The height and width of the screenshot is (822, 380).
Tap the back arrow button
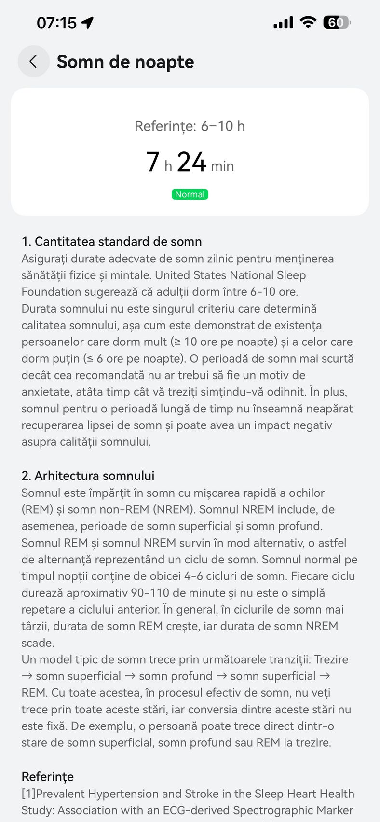(x=33, y=61)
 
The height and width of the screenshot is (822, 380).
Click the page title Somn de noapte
(x=125, y=62)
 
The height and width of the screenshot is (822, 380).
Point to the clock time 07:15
(x=56, y=23)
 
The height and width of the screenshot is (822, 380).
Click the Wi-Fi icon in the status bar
(x=308, y=22)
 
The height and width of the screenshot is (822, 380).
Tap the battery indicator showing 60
(x=337, y=22)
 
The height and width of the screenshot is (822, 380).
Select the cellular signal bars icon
(x=283, y=23)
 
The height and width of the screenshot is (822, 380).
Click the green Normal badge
(x=190, y=194)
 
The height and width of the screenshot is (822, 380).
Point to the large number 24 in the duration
(x=191, y=162)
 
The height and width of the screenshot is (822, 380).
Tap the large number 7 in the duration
(x=152, y=162)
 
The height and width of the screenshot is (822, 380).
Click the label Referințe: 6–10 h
(x=190, y=126)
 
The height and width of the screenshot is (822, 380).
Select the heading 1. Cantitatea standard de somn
(x=111, y=241)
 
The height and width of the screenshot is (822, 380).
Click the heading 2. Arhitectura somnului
(x=88, y=476)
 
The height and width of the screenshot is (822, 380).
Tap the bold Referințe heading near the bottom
(x=48, y=777)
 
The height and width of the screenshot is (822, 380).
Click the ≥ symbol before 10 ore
(x=177, y=342)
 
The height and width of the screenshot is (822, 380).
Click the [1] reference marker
(x=28, y=794)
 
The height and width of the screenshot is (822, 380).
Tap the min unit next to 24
(x=222, y=166)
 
